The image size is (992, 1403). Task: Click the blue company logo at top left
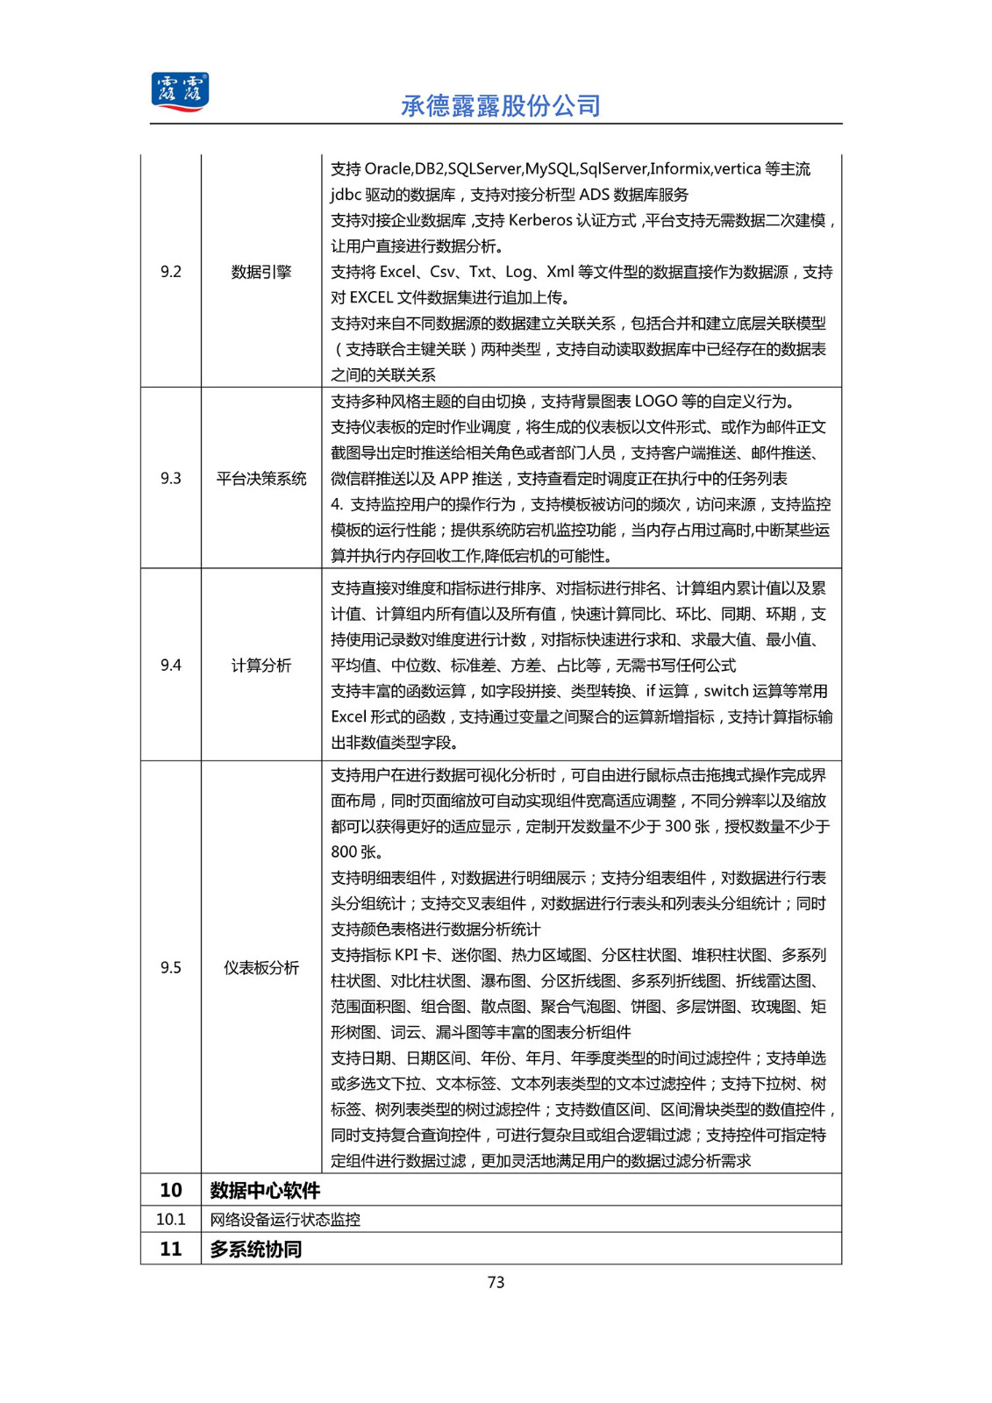pos(180,92)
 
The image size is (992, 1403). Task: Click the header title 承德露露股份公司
pos(501,106)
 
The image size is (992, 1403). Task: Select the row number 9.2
pos(171,272)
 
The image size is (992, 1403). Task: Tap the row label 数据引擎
pos(261,272)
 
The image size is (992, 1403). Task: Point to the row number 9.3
pos(171,478)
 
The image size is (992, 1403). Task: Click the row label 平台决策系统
pos(261,478)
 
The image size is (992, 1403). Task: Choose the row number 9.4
pos(171,666)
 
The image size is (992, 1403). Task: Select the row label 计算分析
pos(261,666)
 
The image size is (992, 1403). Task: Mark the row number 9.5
pos(171,967)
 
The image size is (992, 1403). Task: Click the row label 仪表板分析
pos(261,967)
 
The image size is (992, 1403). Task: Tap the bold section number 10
pos(171,1190)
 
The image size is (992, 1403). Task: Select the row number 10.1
pos(171,1220)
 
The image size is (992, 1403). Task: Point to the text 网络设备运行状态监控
pos(285,1220)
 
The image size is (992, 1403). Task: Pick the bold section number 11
pos(171,1249)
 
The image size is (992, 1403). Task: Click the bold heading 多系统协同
pos(256,1249)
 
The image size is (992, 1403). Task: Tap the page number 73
pos(496,1282)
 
